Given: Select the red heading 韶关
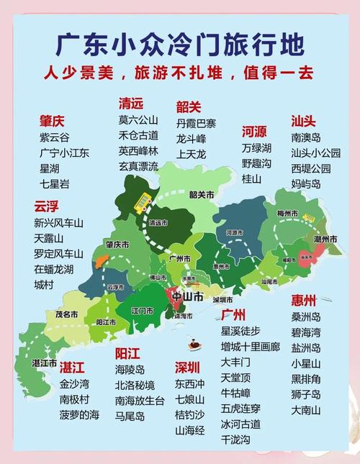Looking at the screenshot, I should (188, 107).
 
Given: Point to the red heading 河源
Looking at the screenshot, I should (254, 132).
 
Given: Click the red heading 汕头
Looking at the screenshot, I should (304, 120).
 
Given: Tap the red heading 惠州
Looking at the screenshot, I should (305, 300).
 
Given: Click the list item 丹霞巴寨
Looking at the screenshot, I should (196, 124).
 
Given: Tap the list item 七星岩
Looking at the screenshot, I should (55, 184).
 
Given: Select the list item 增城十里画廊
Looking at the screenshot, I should (250, 347).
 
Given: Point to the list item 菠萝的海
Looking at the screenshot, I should (79, 414).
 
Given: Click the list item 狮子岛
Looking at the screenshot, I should (306, 394).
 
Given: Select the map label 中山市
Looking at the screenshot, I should (187, 296).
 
